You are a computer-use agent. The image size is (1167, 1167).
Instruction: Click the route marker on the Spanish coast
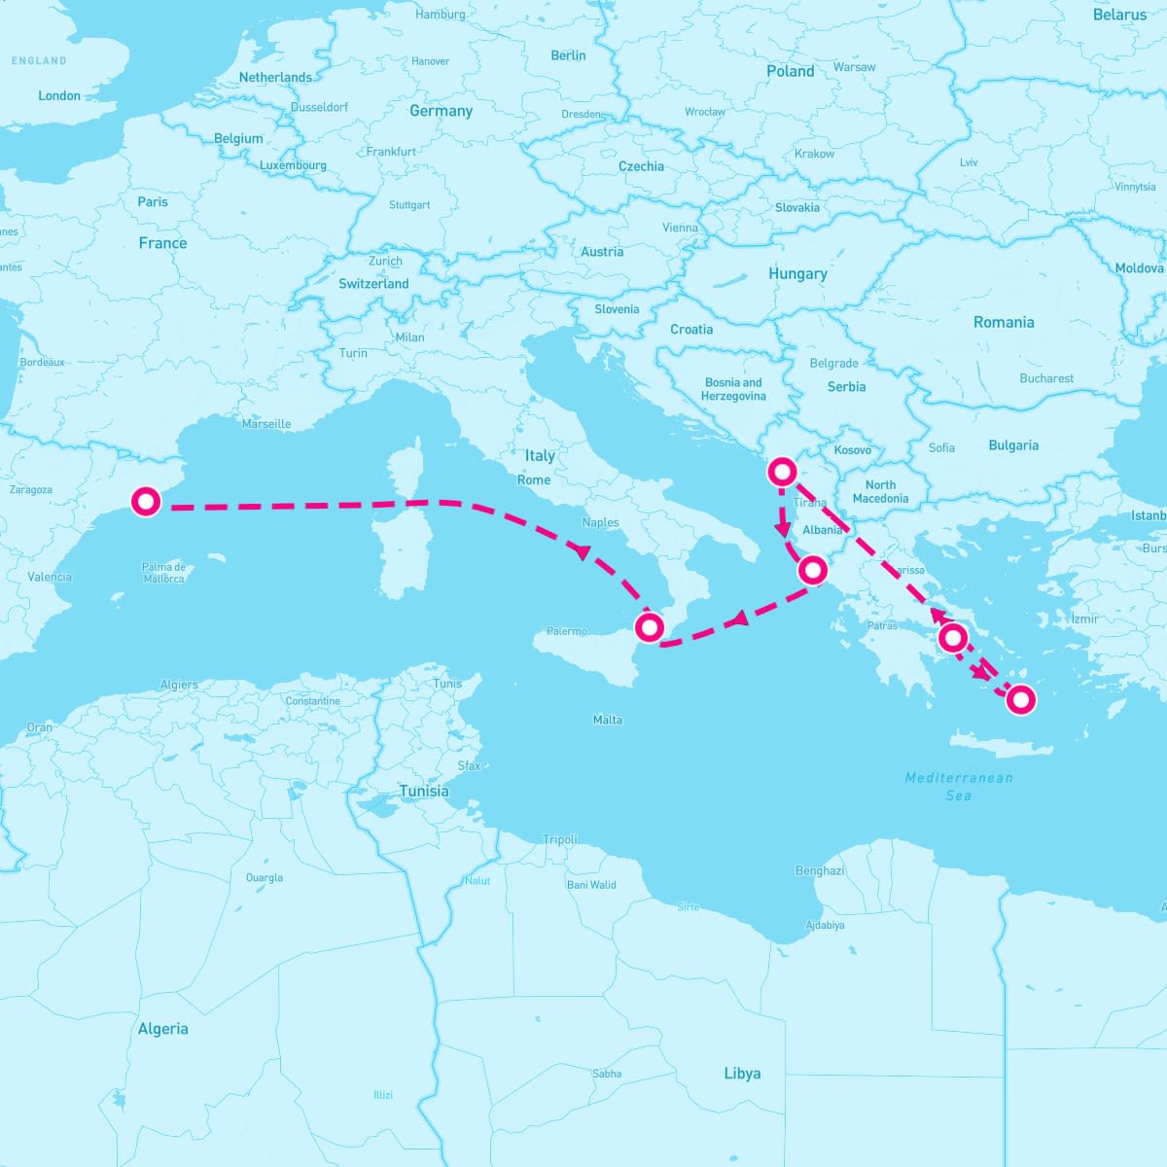[146, 502]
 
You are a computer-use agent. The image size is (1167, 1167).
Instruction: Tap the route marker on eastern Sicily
[648, 626]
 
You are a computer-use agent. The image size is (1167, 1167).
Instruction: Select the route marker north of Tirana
[782, 473]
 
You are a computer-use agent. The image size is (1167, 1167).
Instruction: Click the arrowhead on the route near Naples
[583, 551]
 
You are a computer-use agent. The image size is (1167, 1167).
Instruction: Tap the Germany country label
[441, 111]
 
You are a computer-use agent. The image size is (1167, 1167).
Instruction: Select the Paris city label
[153, 202]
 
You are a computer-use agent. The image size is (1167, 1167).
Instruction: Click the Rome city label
[534, 479]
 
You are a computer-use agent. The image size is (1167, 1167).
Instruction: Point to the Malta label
[608, 720]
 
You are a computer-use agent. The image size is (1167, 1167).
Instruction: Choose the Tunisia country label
[424, 792]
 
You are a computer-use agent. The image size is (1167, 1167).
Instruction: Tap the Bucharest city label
[1046, 378]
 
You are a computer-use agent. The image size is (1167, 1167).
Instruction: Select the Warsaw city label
[855, 67]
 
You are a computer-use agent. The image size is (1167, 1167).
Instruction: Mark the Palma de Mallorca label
[163, 573]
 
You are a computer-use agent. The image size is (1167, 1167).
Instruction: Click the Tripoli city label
[560, 839]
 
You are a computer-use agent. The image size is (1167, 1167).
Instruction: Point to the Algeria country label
[162, 1029]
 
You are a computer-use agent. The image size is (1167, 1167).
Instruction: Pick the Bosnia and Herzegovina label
[733, 389]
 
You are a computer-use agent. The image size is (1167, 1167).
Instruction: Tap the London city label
[59, 95]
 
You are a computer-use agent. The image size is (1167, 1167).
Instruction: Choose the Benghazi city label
[820, 870]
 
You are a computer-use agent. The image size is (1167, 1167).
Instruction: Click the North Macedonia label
[880, 491]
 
